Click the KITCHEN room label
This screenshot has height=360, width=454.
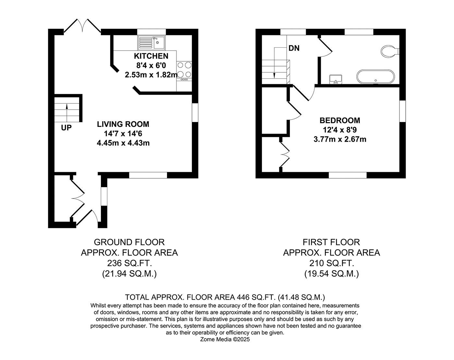(x=151, y=56)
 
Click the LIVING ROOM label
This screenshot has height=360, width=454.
(x=123, y=124)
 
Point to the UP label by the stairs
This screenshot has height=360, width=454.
(x=66, y=128)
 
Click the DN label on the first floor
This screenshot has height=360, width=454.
(x=294, y=48)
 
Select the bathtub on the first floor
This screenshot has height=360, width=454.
(x=376, y=77)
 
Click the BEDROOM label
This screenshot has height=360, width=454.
(x=340, y=120)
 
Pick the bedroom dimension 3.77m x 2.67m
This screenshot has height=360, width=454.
(x=340, y=139)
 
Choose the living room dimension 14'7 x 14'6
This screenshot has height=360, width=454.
(x=123, y=133)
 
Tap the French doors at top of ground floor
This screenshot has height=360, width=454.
(x=82, y=26)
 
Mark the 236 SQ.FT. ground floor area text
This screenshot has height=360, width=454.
(x=129, y=263)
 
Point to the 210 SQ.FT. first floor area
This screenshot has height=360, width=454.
(x=331, y=263)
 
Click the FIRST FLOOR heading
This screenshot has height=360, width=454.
(x=331, y=242)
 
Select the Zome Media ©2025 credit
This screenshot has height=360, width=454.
(x=225, y=340)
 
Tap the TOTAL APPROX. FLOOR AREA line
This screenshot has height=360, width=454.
(x=225, y=297)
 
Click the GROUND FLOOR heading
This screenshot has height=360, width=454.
(x=129, y=242)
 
